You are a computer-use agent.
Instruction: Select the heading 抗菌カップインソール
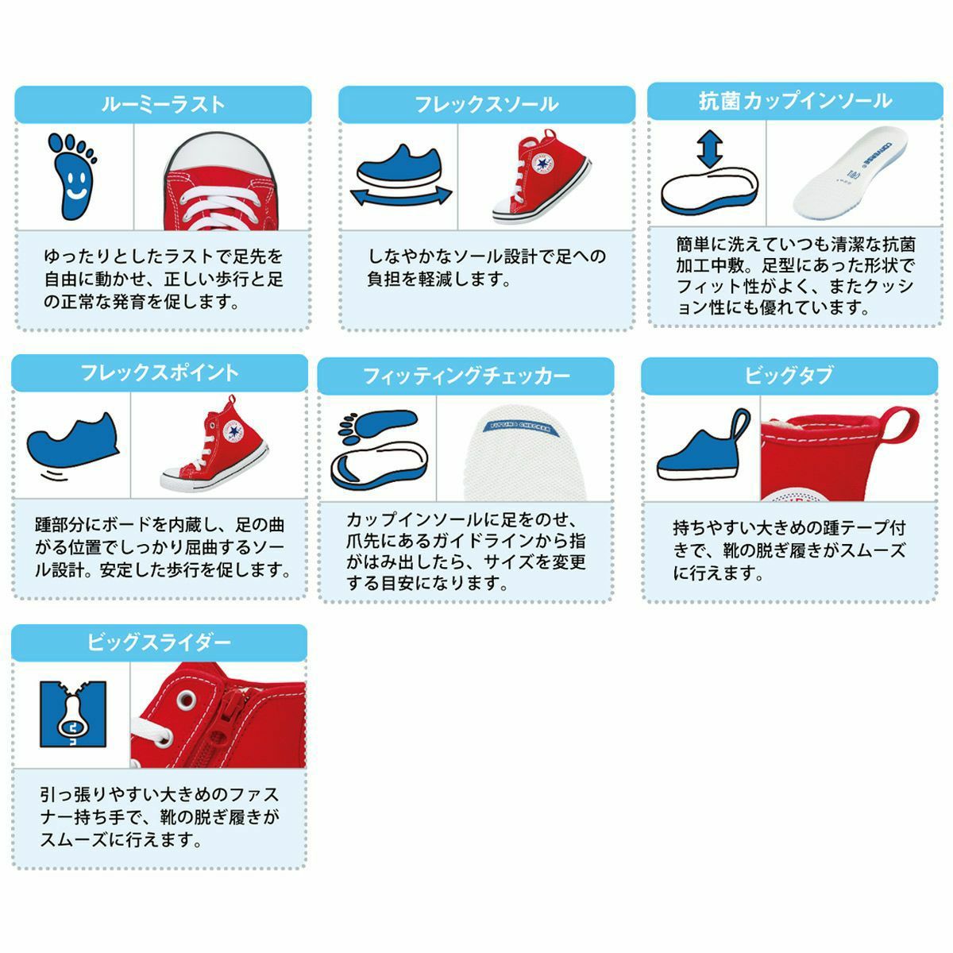pyautogui.click(x=795, y=102)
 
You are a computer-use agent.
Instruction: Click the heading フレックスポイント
pyautogui.click(x=160, y=373)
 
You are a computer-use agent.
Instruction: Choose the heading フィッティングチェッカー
pyautogui.click(x=466, y=376)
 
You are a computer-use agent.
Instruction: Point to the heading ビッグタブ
pyautogui.click(x=789, y=376)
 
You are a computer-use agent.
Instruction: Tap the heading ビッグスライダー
pyautogui.click(x=160, y=643)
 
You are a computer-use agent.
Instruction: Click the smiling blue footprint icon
pyautogui.click(x=72, y=176)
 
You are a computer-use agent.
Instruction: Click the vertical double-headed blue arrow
pyautogui.click(x=710, y=149)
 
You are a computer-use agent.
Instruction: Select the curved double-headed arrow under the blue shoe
pyautogui.click(x=400, y=197)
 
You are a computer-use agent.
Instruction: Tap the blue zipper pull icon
pyautogui.click(x=73, y=714)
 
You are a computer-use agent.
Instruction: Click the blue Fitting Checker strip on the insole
pyautogui.click(x=523, y=429)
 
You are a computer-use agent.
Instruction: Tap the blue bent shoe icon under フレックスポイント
pyautogui.click(x=73, y=437)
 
